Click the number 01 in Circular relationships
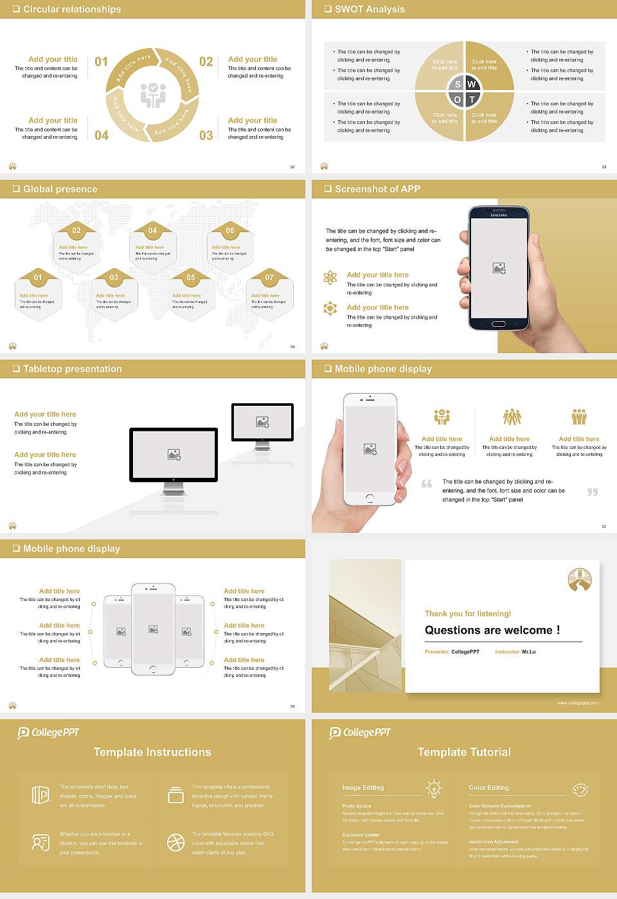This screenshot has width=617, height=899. point(102,62)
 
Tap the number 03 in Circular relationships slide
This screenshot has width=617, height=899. point(206,135)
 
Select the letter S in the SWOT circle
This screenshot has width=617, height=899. point(458,84)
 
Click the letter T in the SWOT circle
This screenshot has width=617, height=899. point(472,100)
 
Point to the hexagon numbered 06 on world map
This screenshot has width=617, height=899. point(230,231)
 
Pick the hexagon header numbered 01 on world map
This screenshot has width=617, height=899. point(38,277)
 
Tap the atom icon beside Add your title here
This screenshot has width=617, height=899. point(330,277)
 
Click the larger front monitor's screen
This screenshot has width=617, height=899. point(174,454)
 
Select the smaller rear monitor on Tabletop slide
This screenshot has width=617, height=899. point(262,422)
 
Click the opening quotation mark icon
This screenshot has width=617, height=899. point(427,484)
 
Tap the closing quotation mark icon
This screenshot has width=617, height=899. point(593,492)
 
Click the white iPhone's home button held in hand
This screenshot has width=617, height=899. point(370,498)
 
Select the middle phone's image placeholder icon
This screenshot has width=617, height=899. point(153,629)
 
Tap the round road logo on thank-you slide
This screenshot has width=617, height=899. point(580,580)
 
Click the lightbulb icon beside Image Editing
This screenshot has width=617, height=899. point(434,788)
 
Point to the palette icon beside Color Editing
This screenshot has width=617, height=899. point(580,789)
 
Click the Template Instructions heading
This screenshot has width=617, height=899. point(152,752)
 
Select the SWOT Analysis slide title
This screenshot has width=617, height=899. point(370,9)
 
